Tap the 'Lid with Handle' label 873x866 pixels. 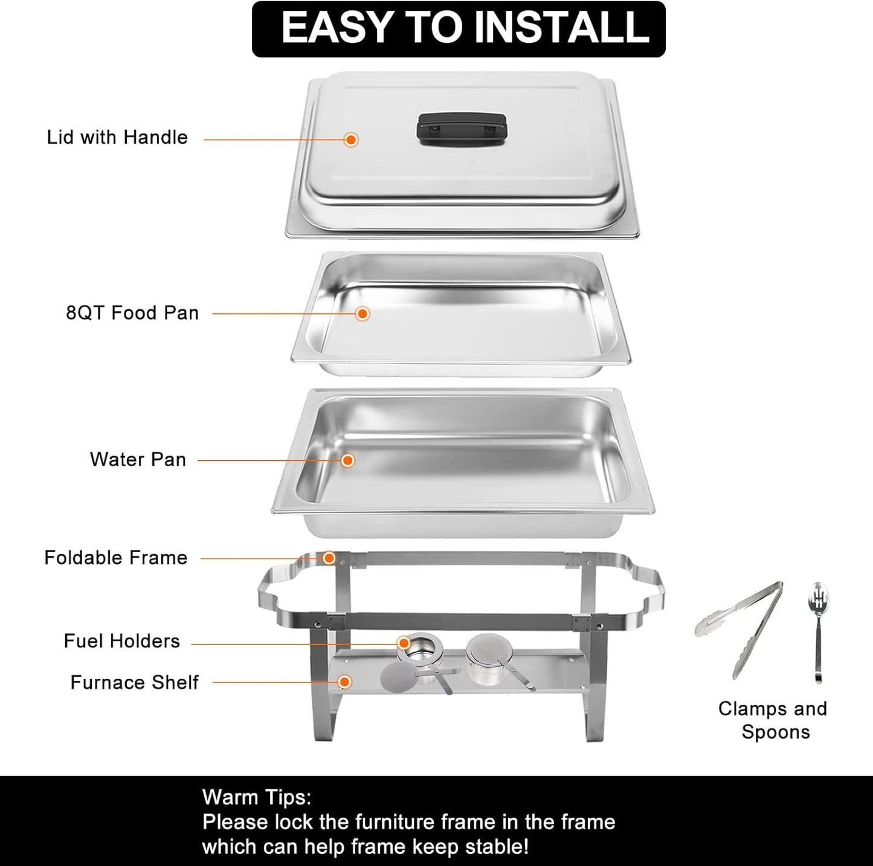(117, 138)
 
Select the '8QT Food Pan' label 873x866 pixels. (132, 313)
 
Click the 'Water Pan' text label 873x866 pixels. (138, 460)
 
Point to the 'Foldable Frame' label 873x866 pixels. (116, 557)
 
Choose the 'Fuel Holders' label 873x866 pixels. (122, 641)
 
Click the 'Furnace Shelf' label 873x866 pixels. (134, 682)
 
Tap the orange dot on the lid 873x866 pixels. (351, 140)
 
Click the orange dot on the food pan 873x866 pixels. (362, 313)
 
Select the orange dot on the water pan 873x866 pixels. (347, 460)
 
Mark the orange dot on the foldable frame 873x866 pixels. (329, 558)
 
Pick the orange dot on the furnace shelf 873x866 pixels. (344, 682)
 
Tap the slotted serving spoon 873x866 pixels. (818, 628)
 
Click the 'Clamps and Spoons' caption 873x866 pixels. (773, 720)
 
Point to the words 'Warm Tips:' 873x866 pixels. (257, 797)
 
